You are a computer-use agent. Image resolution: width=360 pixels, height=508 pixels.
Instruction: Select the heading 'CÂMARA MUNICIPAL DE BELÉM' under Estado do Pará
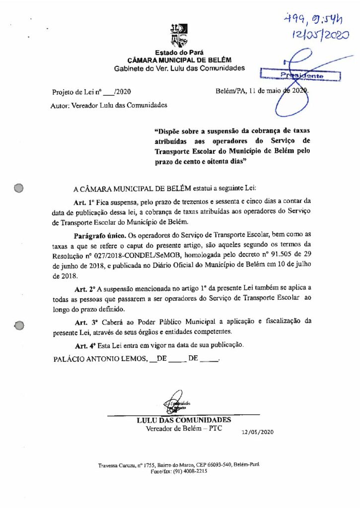tap(179, 60)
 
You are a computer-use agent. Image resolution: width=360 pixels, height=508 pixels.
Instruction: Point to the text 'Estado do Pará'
tap(179, 53)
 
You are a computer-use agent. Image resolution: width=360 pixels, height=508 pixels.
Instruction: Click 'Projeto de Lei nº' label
tap(77, 92)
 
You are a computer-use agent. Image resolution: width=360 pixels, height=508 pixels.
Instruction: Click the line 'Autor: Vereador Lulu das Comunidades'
tap(109, 105)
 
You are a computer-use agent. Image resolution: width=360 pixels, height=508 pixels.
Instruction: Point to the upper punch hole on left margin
tap(19, 188)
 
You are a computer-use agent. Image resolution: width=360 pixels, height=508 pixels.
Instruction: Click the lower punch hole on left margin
tap(19, 325)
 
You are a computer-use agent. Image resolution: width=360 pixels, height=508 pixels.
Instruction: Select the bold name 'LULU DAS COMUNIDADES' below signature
tap(184, 420)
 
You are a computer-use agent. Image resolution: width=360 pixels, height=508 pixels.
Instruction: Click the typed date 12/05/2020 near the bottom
tap(258, 432)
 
